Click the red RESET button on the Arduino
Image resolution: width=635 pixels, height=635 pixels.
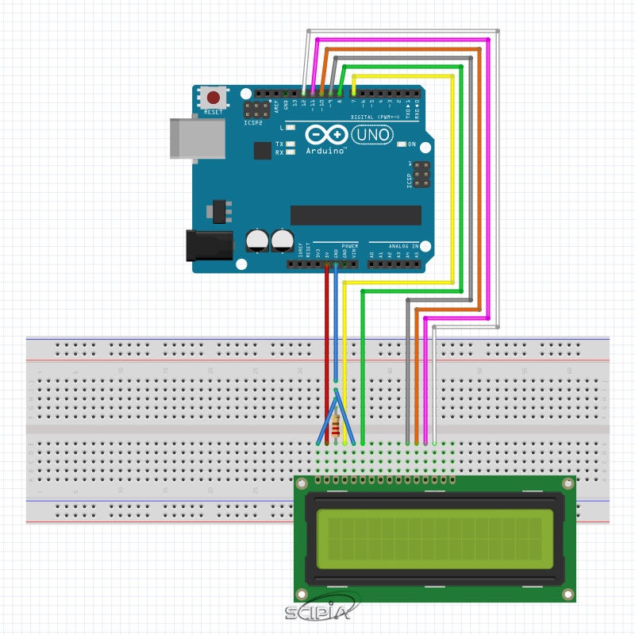[214, 98]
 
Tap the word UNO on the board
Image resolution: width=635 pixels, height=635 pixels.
[372, 136]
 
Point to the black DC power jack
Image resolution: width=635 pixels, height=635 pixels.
[208, 245]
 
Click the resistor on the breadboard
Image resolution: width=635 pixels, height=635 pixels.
[339, 428]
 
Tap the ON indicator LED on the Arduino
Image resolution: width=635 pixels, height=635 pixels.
[402, 144]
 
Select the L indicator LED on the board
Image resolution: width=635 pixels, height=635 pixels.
[291, 127]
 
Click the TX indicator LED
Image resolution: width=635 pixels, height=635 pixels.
[291, 144]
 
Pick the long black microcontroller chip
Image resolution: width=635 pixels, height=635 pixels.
[356, 215]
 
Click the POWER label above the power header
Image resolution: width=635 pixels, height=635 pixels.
[350, 246]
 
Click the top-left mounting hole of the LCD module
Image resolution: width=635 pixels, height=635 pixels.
[302, 483]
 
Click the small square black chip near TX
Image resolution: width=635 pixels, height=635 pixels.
[262, 150]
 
